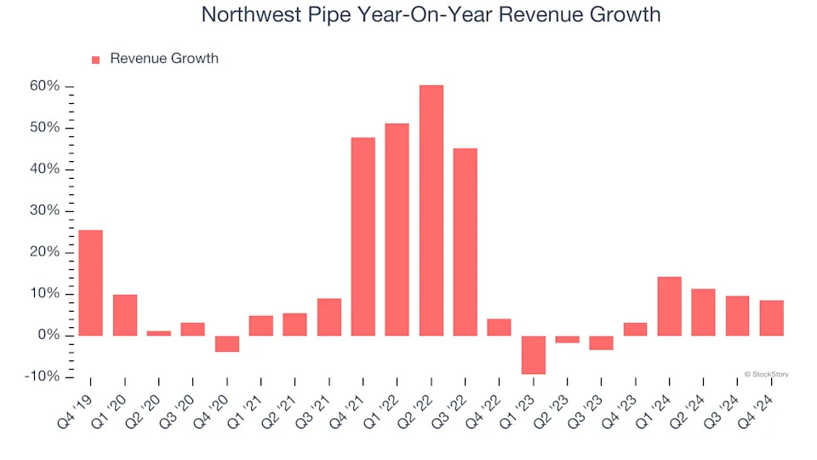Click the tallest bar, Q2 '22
(431, 210)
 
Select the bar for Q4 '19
(90, 283)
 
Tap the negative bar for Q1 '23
(534, 354)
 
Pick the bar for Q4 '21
(363, 236)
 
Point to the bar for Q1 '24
(669, 306)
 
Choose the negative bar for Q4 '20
(226, 343)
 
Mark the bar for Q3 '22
(465, 242)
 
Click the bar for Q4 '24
(771, 318)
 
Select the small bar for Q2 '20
(158, 333)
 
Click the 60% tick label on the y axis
(44, 86)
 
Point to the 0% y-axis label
(49, 336)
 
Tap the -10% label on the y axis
(42, 377)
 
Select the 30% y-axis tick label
(44, 210)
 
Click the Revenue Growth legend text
(164, 59)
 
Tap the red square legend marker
(95, 60)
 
